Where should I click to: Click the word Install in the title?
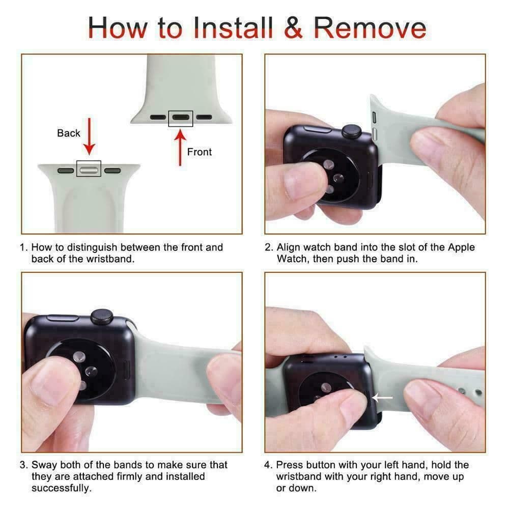[233, 27]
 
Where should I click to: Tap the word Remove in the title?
[370, 27]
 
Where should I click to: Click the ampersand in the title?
[293, 27]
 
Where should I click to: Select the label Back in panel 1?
[69, 133]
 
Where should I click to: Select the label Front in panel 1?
[200, 152]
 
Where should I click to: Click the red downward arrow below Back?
[89, 136]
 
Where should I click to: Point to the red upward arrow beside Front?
[180, 148]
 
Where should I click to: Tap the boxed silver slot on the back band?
[89, 169]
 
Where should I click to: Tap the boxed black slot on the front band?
[181, 119]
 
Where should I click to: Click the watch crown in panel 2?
[352, 131]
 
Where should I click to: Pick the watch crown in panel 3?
[102, 317]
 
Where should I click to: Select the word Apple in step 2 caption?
[461, 247]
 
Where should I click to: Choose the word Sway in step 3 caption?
[44, 465]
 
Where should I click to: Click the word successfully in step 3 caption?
[62, 489]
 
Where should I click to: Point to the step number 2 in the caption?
[268, 247]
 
